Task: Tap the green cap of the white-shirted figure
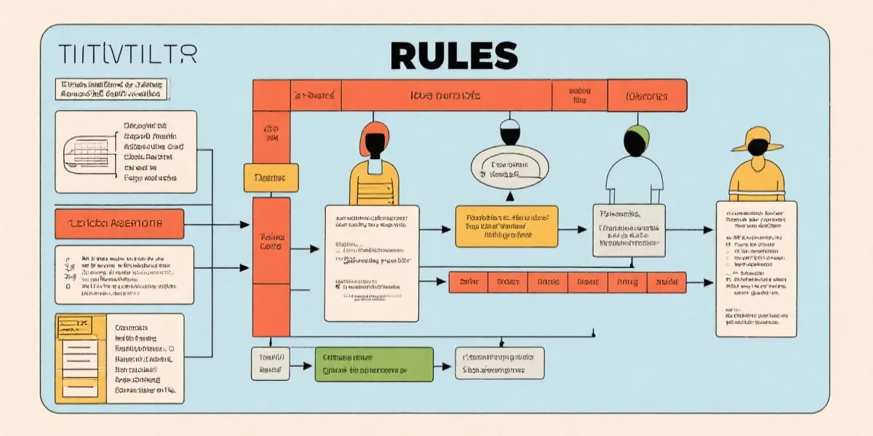click(x=637, y=133)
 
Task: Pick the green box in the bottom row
click(x=374, y=363)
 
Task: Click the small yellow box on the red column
click(x=271, y=177)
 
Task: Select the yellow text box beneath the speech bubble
click(x=506, y=226)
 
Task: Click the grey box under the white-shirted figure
click(x=629, y=230)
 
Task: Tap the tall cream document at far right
click(x=756, y=268)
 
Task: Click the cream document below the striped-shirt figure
click(x=371, y=262)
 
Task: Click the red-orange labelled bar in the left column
click(x=119, y=223)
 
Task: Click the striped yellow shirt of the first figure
click(x=375, y=185)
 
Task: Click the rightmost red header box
click(x=647, y=95)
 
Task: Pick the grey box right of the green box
click(x=499, y=363)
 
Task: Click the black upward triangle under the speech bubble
click(x=510, y=195)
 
